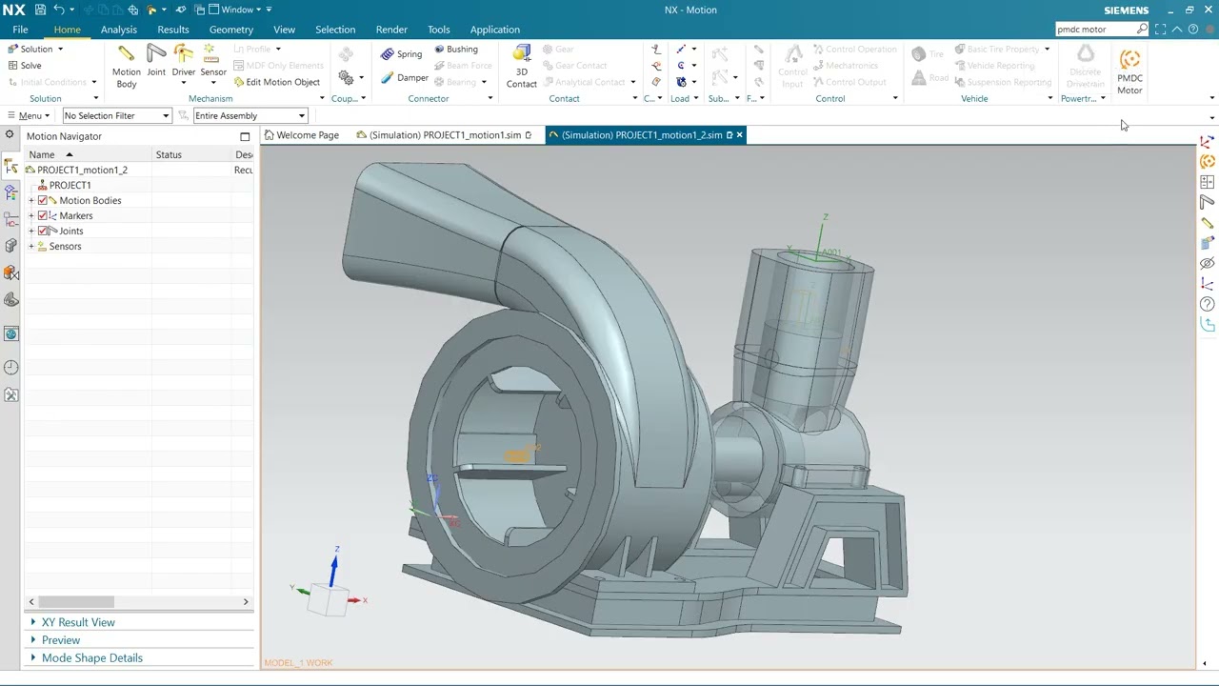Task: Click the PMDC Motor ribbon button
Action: (1129, 71)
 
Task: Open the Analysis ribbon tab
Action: (119, 30)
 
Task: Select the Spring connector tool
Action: (401, 54)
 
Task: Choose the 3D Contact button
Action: (521, 66)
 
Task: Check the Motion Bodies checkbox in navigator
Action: (43, 201)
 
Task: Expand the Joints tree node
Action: (31, 232)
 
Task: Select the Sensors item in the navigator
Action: (65, 247)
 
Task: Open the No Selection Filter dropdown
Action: (116, 116)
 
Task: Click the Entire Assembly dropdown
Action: (250, 116)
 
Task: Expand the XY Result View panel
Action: (78, 622)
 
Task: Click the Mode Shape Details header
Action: (91, 658)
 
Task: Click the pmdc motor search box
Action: (1095, 30)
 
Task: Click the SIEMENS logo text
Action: (1126, 10)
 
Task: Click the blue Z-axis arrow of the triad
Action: (334, 569)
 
